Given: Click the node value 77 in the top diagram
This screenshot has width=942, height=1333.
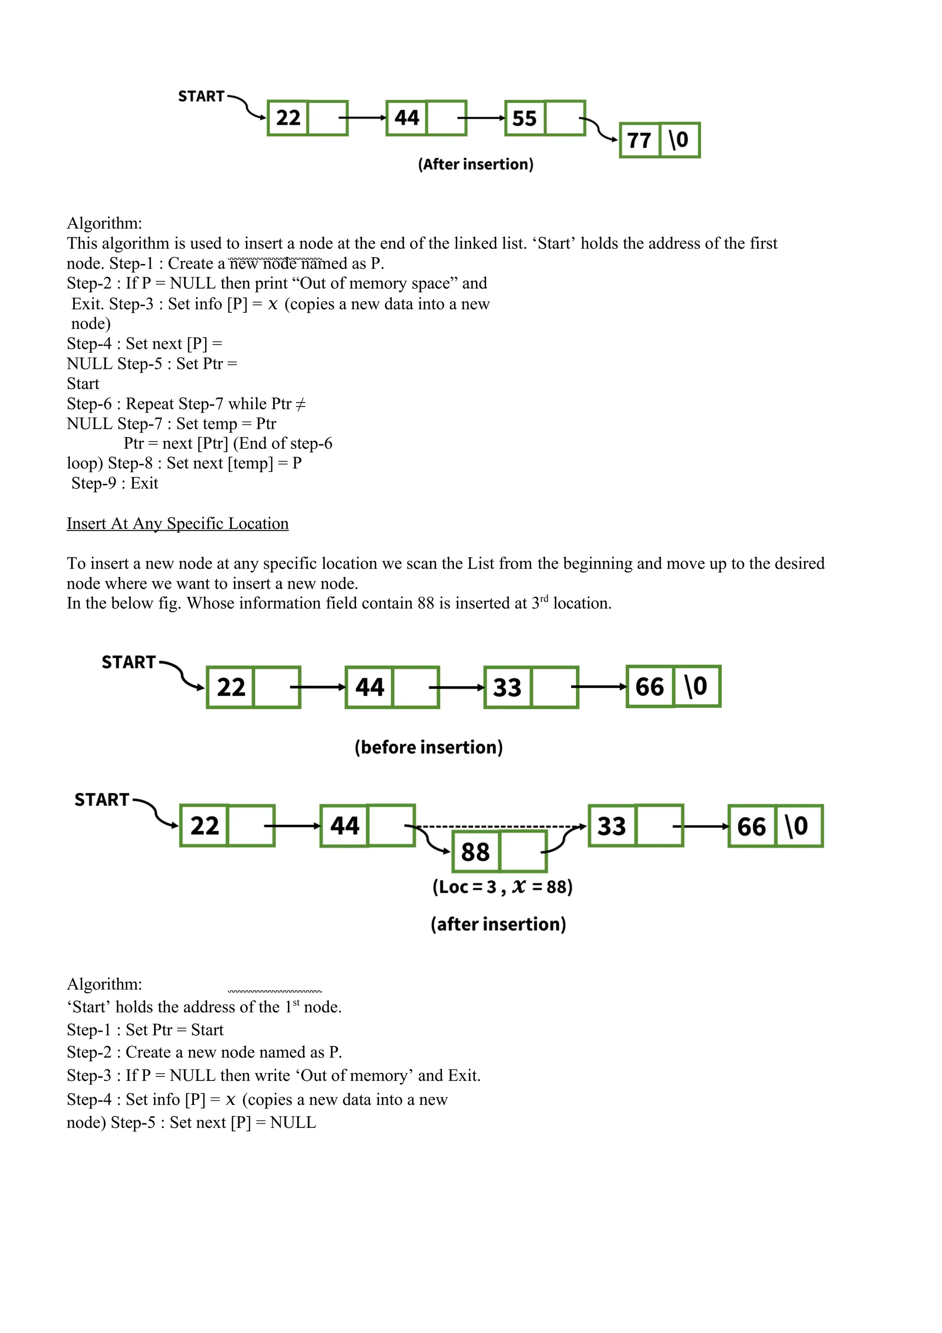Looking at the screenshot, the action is [x=639, y=140].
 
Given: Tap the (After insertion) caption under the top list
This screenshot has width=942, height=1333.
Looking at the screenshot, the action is [x=475, y=164].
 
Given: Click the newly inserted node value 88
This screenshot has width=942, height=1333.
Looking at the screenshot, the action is [x=475, y=852].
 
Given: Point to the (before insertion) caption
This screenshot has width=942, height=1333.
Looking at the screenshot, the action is [x=428, y=747].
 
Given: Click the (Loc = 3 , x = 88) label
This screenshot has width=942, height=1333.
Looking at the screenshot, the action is [x=502, y=886].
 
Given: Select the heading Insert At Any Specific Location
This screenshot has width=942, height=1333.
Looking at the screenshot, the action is [x=178, y=523].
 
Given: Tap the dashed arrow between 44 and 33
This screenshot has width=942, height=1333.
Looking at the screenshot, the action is [x=499, y=826].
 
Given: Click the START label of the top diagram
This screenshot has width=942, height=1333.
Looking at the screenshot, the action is [x=201, y=97].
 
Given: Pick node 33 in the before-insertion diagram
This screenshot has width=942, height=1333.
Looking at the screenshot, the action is [x=507, y=687].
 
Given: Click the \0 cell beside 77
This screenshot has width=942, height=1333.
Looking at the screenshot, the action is [x=679, y=140].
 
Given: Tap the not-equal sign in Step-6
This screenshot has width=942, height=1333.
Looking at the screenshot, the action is [x=300, y=404].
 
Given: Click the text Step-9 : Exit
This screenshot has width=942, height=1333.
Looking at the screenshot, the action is [x=115, y=483].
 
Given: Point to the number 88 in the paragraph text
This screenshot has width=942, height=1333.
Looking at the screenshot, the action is [x=425, y=603].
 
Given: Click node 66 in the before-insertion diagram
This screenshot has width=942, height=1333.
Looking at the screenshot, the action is [x=649, y=687].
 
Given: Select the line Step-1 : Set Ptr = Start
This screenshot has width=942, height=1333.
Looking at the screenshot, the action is [x=145, y=1029].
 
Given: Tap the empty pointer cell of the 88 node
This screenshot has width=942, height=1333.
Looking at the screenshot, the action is [x=523, y=852].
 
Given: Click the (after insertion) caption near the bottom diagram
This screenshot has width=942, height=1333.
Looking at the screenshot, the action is [x=498, y=924].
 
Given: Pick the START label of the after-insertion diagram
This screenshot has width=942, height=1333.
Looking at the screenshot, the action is [x=102, y=800].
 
